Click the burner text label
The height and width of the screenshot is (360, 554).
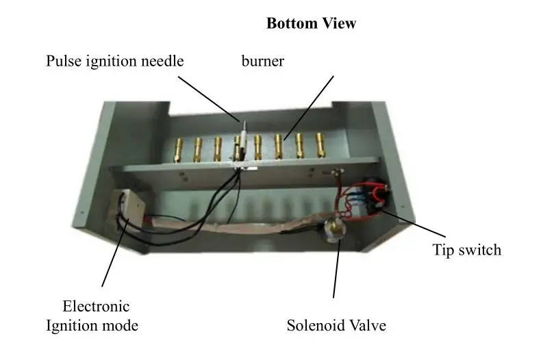pyautogui.click(x=262, y=61)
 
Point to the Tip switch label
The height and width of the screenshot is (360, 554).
pyautogui.click(x=466, y=250)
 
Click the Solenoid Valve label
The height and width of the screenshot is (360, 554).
pyautogui.click(x=336, y=325)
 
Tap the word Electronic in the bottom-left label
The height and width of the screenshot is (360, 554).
pyautogui.click(x=95, y=306)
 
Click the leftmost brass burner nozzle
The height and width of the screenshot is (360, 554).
pyautogui.click(x=179, y=148)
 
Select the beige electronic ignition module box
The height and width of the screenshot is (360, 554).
pyautogui.click(x=128, y=205)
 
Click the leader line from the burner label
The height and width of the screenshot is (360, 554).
pyautogui.click(x=310, y=105)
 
